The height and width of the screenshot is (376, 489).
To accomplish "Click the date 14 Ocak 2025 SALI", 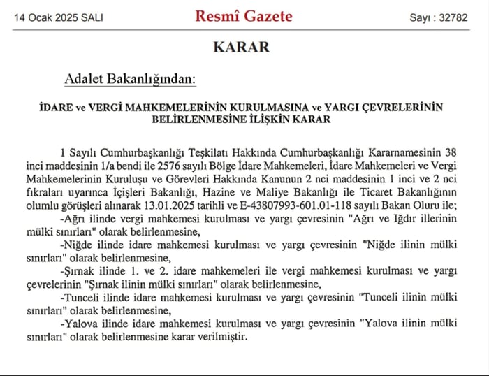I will [x=58, y=17].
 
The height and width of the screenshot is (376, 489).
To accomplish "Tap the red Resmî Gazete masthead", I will [x=243, y=16].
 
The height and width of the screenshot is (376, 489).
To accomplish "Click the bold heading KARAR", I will [x=241, y=48].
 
